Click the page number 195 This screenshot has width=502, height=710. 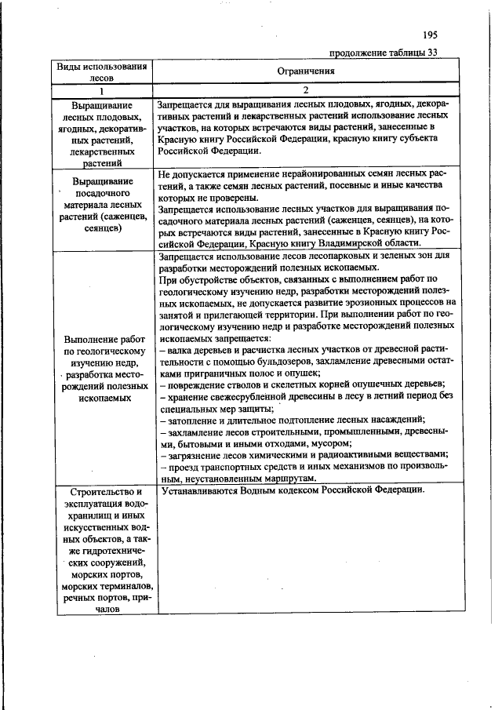429,35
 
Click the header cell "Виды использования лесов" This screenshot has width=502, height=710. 102,71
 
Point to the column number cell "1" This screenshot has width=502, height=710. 102,90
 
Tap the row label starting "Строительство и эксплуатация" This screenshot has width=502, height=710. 102,548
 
